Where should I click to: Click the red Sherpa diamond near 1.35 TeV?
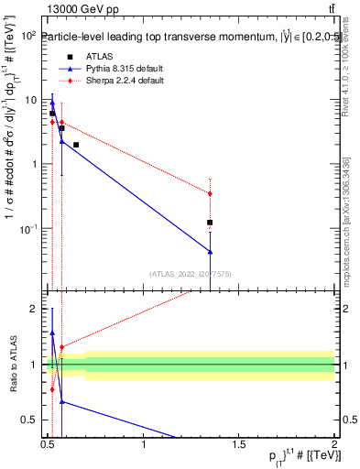[x=210, y=193]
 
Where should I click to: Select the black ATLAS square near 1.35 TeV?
[x=210, y=223]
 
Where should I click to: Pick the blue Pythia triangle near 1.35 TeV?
[x=210, y=251]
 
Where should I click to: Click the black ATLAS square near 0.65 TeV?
[x=76, y=145]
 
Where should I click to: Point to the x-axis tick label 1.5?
[x=239, y=446]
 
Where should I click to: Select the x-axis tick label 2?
[x=334, y=446]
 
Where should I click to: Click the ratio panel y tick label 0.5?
[x=28, y=420]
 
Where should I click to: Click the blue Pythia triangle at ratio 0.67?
[x=61, y=401]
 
